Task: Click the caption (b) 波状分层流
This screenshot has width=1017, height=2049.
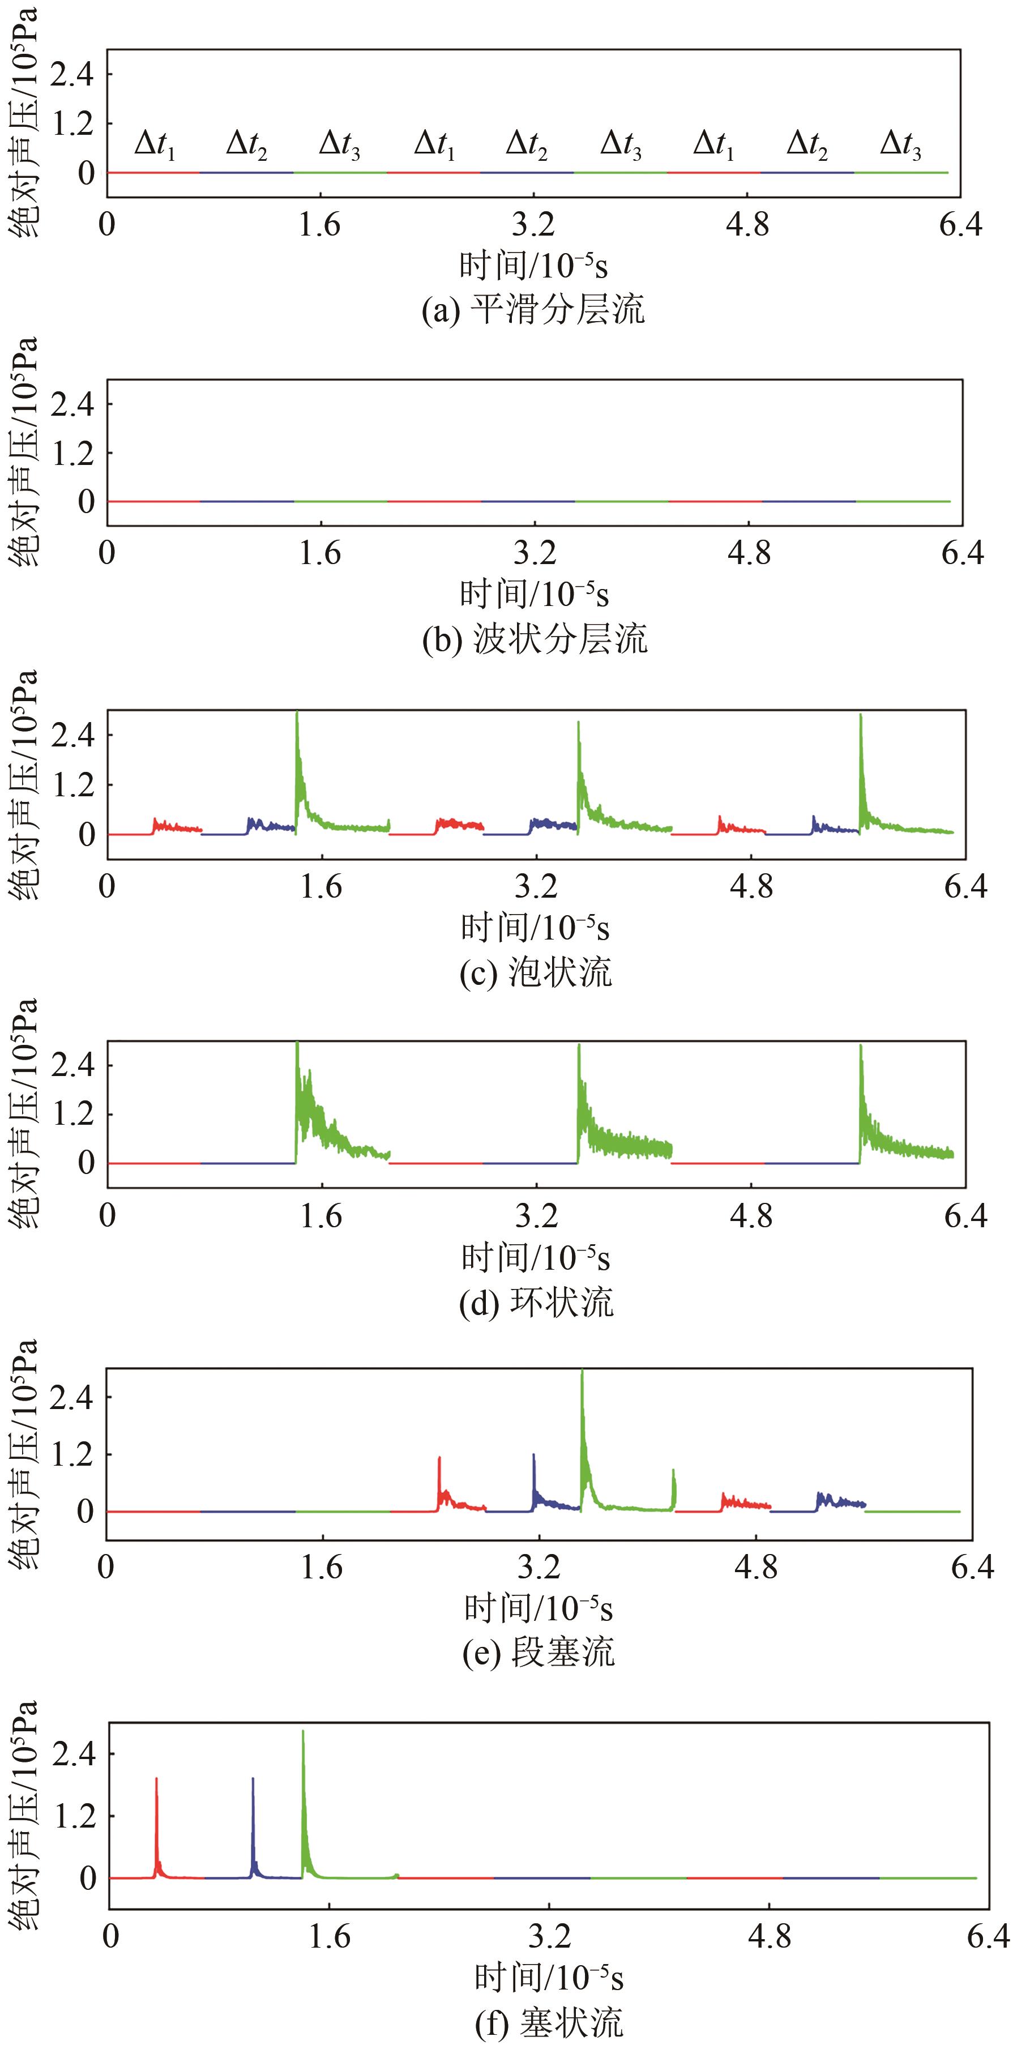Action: [x=535, y=639]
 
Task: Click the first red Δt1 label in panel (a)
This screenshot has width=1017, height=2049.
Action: [x=155, y=145]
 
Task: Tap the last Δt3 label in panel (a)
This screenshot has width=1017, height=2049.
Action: [x=900, y=145]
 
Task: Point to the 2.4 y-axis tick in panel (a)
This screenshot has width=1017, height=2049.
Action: [x=71, y=74]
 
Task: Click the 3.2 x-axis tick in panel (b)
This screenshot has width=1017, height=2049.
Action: [x=535, y=552]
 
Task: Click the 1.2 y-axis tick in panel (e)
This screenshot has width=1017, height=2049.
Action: [x=71, y=1454]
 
